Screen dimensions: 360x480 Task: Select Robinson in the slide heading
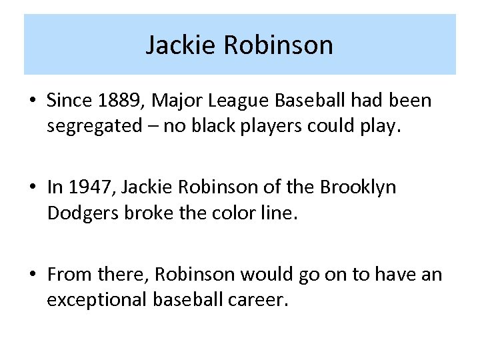[x=278, y=45]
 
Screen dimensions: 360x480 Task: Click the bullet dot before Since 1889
[x=32, y=101]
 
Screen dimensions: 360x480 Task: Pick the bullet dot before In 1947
[x=32, y=188]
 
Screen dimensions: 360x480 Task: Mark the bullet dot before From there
[x=32, y=275]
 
